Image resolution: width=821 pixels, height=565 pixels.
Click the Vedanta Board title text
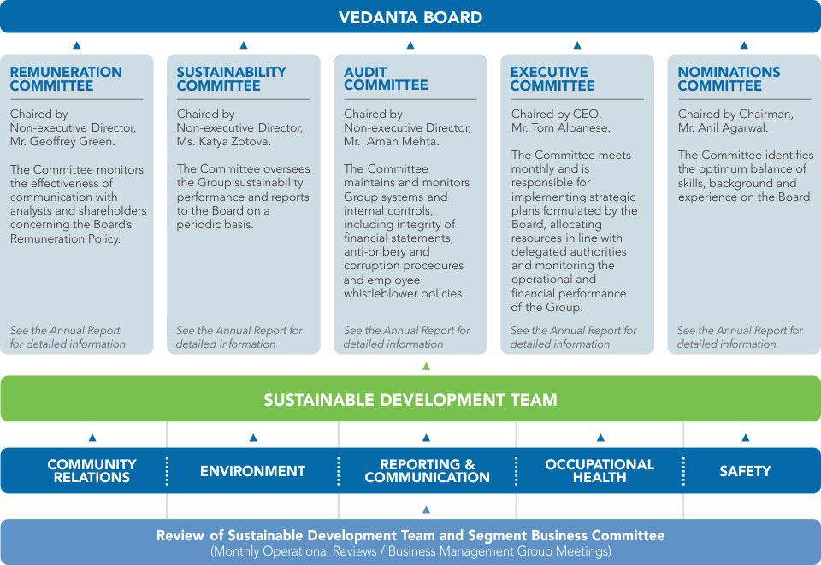coord(410,17)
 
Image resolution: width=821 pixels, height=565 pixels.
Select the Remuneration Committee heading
coord(66,79)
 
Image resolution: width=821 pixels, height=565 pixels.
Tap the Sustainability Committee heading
coord(232,79)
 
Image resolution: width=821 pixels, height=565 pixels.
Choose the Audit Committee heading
coord(386,79)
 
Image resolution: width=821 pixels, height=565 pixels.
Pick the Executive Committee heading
coord(552,79)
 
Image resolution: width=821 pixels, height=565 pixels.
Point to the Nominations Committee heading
coord(729,79)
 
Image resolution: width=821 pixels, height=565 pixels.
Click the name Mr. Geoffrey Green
coord(62,141)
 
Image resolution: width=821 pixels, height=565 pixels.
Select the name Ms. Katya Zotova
coord(223,141)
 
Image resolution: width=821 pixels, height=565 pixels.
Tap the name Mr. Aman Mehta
coord(392,141)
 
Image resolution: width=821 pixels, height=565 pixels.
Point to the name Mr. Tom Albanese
coord(561,127)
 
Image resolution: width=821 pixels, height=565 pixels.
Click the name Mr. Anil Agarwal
coord(724,127)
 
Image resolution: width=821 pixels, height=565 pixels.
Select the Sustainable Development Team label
coord(410,400)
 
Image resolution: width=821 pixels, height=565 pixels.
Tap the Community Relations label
coord(92,471)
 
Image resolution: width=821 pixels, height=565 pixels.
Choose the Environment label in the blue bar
coord(252,471)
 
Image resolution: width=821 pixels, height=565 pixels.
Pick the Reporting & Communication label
coord(428,471)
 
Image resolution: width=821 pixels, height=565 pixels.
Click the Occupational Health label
coord(600,471)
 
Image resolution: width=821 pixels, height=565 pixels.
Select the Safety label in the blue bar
coord(745,471)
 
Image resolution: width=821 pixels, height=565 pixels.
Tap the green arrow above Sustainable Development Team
coord(426,366)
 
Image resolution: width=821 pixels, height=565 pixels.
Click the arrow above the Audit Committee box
coord(410,45)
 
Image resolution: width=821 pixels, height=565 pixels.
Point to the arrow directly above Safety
coord(746,438)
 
